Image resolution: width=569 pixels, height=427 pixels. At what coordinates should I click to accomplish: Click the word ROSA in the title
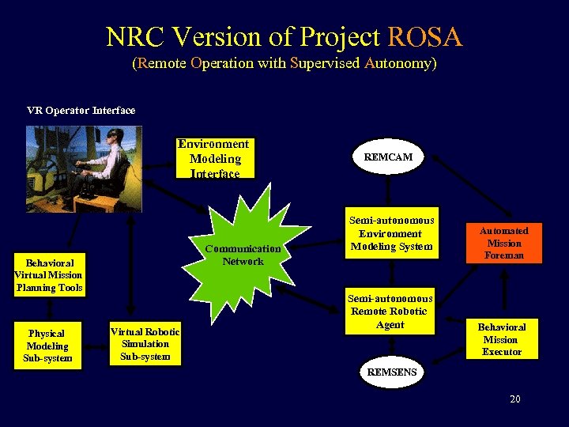424,37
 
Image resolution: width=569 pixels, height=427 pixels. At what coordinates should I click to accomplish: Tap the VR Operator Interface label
81,111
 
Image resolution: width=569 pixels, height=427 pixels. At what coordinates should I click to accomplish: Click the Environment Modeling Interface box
214,159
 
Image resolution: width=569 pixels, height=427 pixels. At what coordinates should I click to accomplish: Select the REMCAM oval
388,157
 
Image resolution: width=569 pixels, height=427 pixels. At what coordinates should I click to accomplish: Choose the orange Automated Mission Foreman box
504,243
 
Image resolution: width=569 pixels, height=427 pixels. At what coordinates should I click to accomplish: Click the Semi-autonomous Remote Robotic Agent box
390,312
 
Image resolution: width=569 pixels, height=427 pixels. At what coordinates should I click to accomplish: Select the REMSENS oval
387,371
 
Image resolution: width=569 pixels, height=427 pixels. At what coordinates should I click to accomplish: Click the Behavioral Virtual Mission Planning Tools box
49,275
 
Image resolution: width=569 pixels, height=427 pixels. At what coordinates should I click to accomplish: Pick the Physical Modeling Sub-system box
47,346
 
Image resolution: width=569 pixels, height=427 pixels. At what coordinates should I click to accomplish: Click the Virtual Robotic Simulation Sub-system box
145,344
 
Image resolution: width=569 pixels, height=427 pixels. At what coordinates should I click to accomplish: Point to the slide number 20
515,399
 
